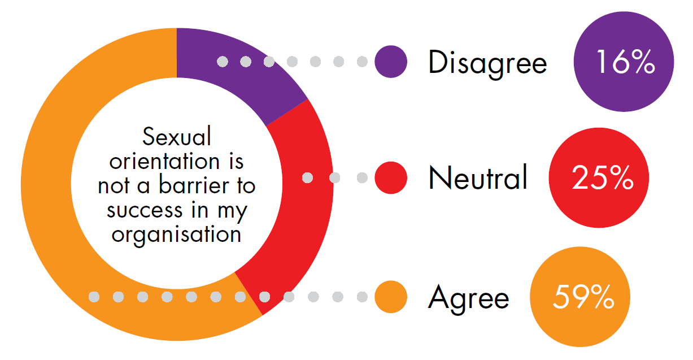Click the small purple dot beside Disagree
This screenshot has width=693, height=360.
[x=391, y=62]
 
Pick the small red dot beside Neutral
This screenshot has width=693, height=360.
[x=391, y=177]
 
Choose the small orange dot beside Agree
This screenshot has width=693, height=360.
[x=391, y=297]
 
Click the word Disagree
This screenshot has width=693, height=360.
[x=488, y=64]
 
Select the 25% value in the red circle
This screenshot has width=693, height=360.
[x=603, y=177]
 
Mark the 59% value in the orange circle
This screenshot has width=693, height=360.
[x=583, y=297]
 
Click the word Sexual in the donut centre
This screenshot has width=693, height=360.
[x=177, y=136]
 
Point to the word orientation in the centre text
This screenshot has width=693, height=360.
[x=164, y=161]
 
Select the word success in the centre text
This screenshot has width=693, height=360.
[x=145, y=210]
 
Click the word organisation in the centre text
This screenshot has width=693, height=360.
[x=176, y=236]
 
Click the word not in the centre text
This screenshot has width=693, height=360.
[x=113, y=186]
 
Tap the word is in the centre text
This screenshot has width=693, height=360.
[x=236, y=161]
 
